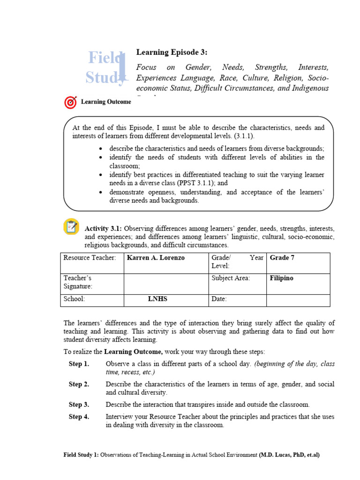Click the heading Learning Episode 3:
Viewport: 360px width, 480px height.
pos(171,52)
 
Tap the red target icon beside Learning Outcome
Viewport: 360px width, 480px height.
pos(70,102)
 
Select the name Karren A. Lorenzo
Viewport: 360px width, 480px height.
pos(156,258)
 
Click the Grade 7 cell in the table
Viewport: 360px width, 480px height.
pos(282,258)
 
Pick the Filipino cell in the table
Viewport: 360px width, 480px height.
pos(282,278)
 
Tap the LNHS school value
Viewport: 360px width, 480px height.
pos(157,299)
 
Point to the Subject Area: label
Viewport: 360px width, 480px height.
pos(231,278)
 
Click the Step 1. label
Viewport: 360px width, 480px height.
pos(79,364)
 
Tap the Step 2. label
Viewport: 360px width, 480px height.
pos(79,384)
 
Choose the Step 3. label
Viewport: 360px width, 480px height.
pos(79,405)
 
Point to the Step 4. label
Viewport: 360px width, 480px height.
pos(79,417)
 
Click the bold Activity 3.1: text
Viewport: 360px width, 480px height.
pos(103,229)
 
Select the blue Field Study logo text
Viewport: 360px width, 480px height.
pos(105,67)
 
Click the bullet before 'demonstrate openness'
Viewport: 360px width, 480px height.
pos(102,192)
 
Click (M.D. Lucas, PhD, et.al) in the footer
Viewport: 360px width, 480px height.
pos(289,455)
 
